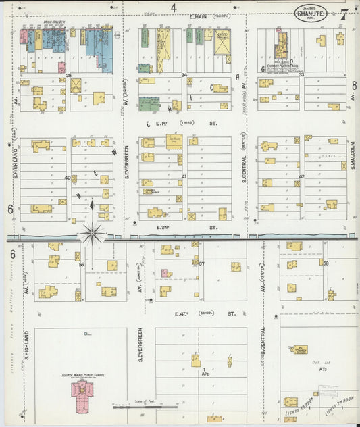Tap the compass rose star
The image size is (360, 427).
[93, 234]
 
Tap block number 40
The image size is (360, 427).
[68, 178]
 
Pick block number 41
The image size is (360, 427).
[184, 176]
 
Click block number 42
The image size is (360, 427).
[301, 176]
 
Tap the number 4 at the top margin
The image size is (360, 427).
[174, 7]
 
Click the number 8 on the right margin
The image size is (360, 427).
[354, 85]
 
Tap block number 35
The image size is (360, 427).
[68, 74]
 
